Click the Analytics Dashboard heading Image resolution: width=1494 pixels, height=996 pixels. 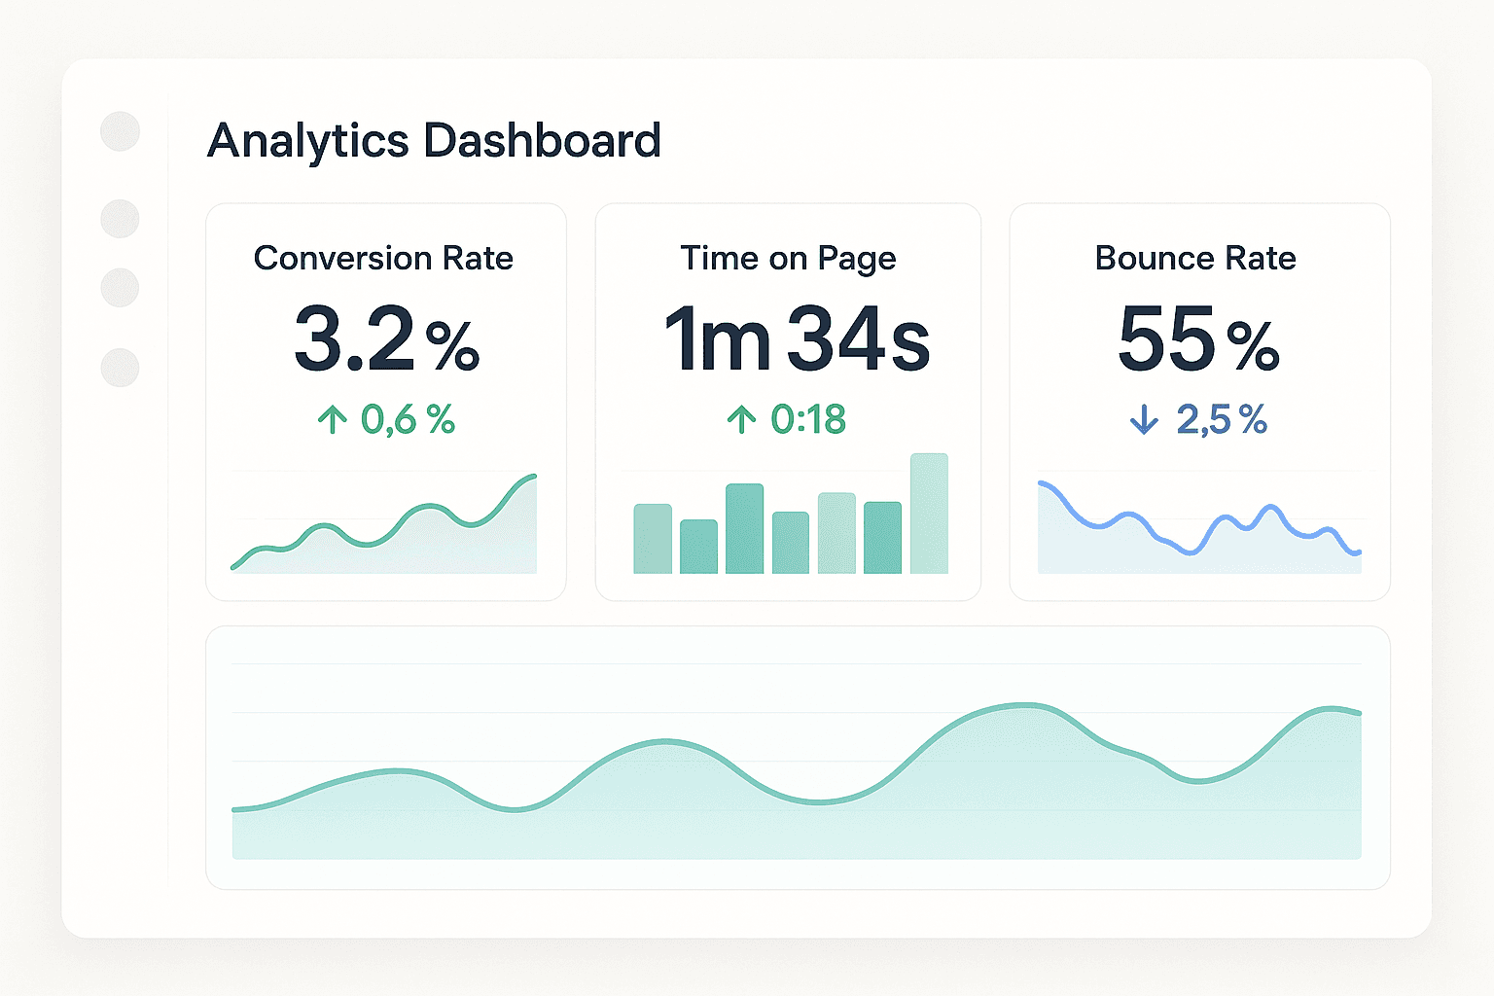click(x=434, y=140)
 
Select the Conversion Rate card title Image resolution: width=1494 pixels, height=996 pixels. click(x=383, y=258)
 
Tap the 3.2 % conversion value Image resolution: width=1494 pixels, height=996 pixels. click(x=386, y=339)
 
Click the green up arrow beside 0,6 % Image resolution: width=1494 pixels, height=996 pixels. click(x=332, y=420)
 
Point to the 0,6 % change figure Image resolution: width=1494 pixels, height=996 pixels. click(x=408, y=420)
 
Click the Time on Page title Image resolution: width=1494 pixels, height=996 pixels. click(x=788, y=258)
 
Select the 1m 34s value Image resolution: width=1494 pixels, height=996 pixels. click(x=797, y=339)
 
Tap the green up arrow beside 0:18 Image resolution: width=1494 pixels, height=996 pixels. click(x=741, y=420)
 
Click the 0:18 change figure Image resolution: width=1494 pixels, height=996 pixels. click(x=808, y=420)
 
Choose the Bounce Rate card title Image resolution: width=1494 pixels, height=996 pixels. click(x=1195, y=258)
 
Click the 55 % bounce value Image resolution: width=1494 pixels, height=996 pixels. click(x=1198, y=339)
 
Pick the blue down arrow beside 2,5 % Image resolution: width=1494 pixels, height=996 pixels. click(x=1144, y=420)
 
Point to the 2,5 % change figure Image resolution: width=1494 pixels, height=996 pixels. click(x=1222, y=420)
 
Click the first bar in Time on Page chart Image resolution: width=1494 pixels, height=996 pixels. click(x=653, y=539)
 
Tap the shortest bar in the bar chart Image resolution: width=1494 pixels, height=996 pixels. click(x=698, y=547)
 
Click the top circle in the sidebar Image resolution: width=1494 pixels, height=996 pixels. click(x=121, y=131)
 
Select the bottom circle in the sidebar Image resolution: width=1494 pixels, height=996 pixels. click(x=121, y=368)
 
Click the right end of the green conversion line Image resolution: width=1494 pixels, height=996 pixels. click(x=533, y=476)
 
